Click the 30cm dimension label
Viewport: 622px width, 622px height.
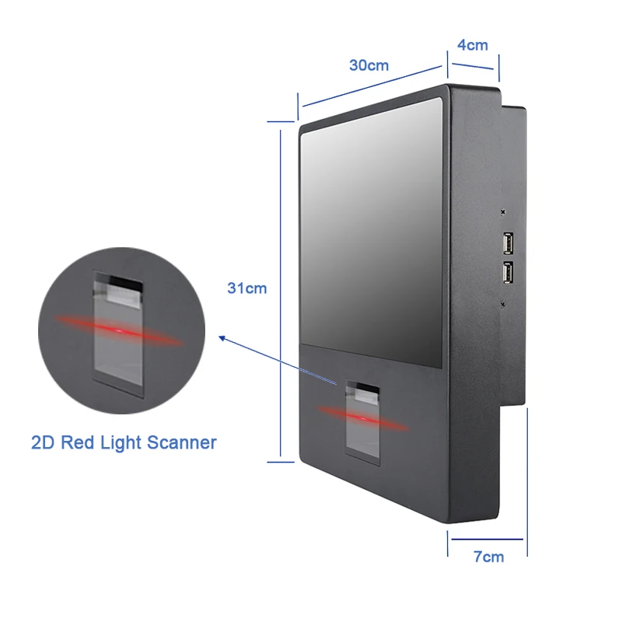[x=369, y=65]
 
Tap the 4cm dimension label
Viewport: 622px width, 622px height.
[x=473, y=44]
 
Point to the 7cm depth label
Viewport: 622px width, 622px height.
[x=488, y=556]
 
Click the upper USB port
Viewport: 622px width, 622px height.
[x=507, y=244]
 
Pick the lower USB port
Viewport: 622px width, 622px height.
[x=507, y=273]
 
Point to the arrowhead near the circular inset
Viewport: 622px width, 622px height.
[x=222, y=338]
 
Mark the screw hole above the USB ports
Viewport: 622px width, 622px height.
[x=504, y=211]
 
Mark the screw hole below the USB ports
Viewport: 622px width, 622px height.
[x=504, y=304]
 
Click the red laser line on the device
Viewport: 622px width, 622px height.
[x=362, y=418]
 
